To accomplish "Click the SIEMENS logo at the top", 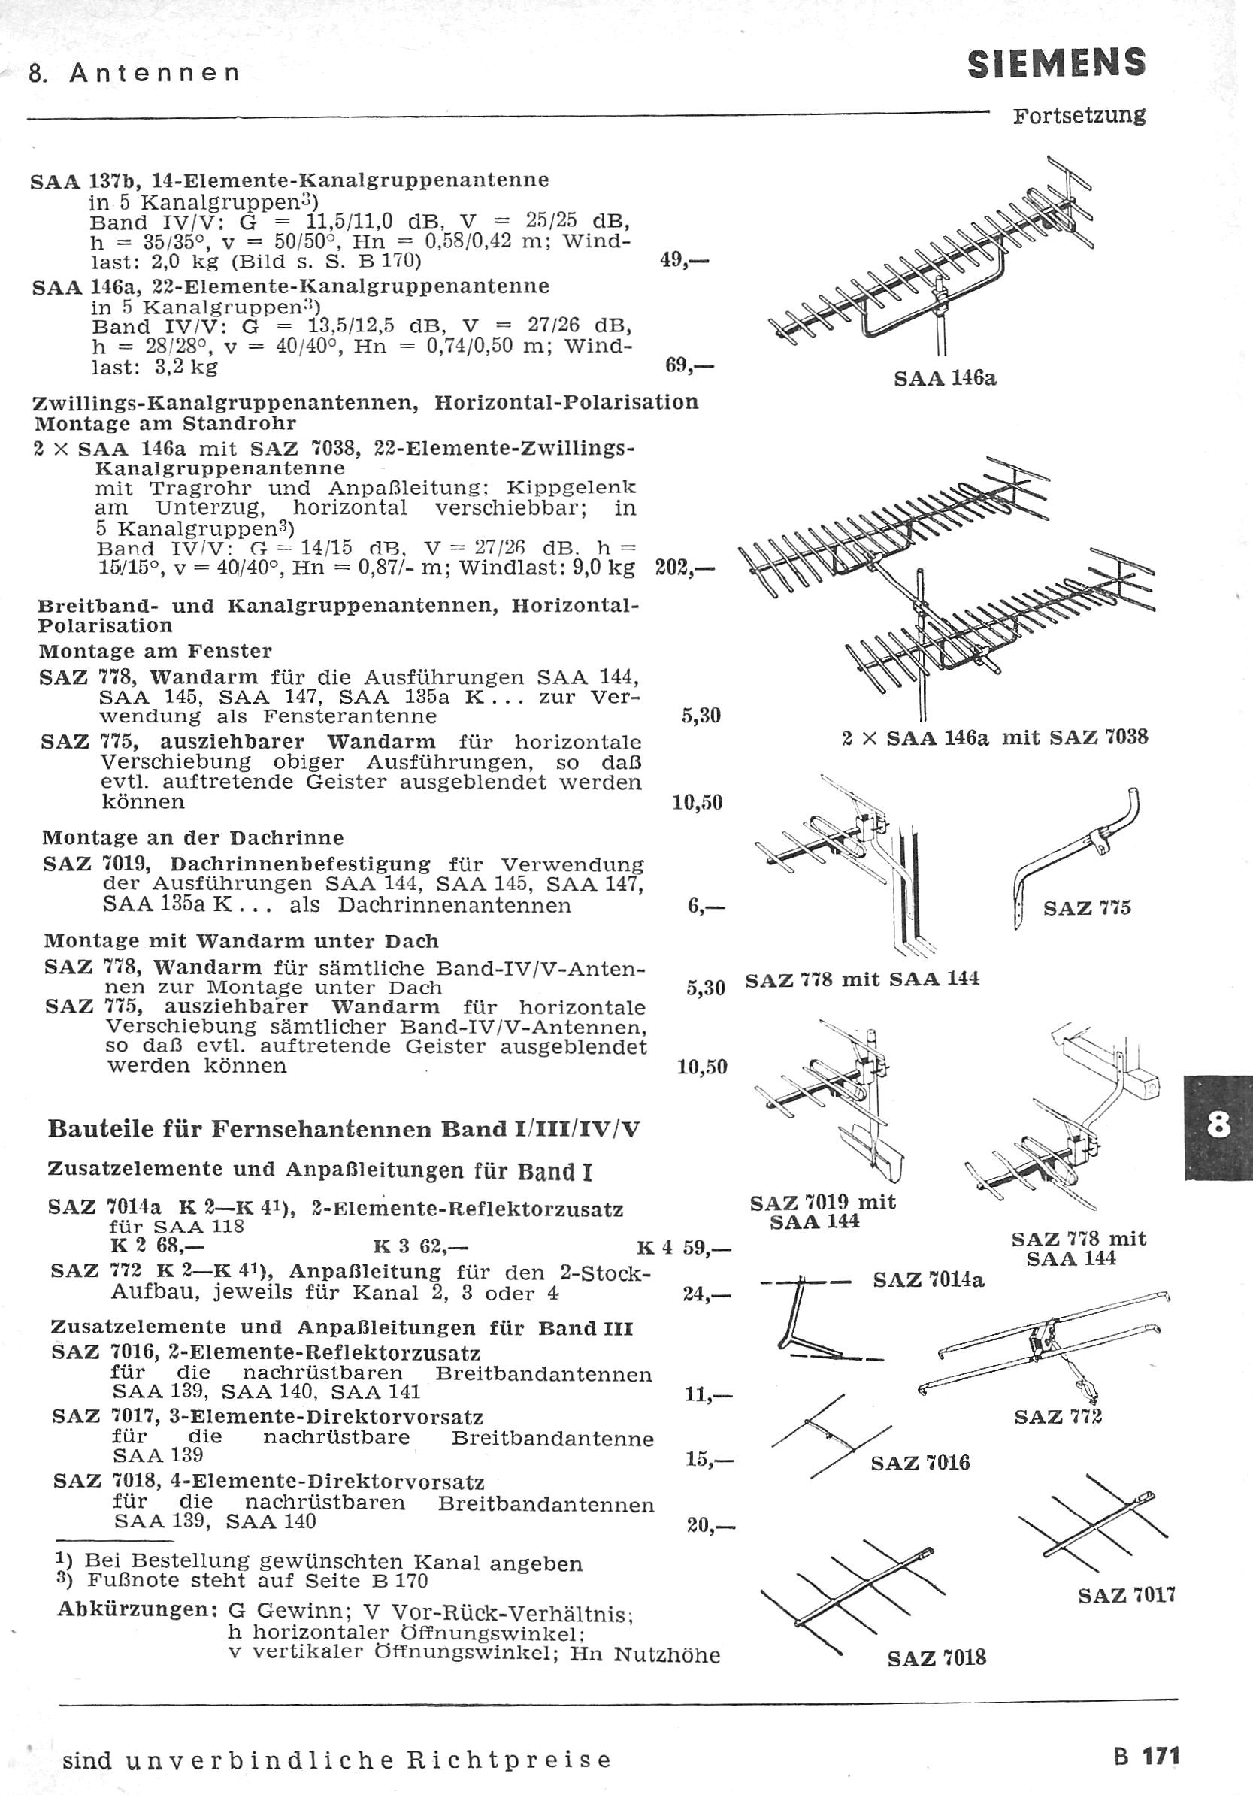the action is (x=1057, y=63).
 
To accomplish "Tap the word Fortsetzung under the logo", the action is (x=1079, y=116).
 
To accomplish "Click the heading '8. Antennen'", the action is (x=134, y=74).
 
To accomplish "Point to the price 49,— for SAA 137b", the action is (x=684, y=260).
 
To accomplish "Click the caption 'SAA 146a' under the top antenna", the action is (x=945, y=379).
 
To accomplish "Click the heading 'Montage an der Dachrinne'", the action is (x=193, y=838).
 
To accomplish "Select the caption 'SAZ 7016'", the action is (x=920, y=1462).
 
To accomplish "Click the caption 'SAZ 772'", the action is (x=1058, y=1417).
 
